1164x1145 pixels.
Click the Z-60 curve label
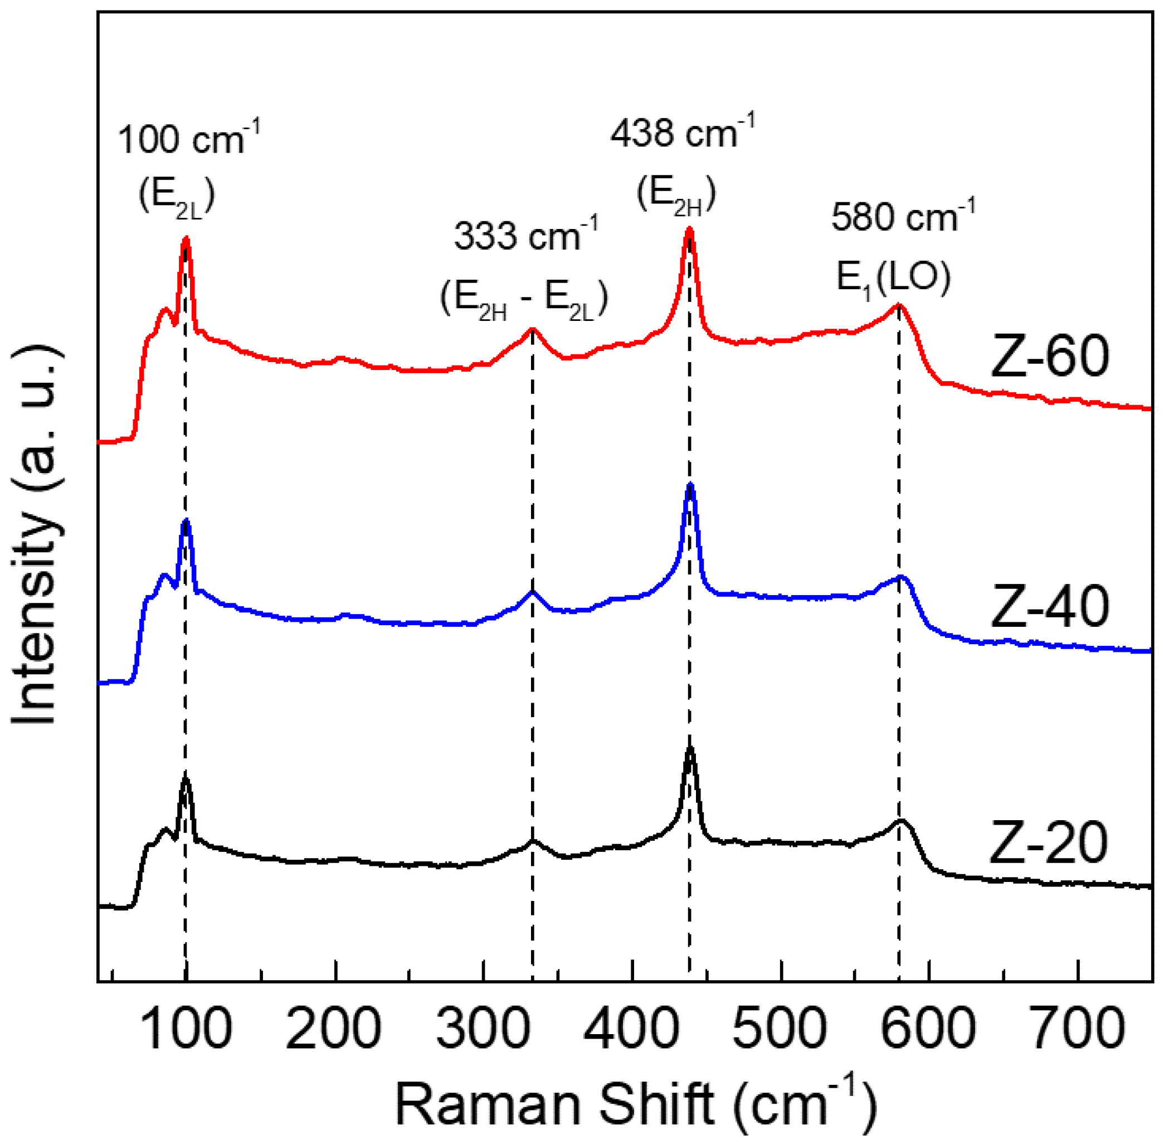[1049, 358]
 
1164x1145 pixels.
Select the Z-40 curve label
[1049, 607]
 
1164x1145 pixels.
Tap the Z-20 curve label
[1048, 843]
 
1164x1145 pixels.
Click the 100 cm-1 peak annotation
[188, 139]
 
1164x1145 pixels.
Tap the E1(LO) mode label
[893, 278]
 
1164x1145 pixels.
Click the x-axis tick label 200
[334, 1029]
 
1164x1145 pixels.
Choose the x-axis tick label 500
[781, 1029]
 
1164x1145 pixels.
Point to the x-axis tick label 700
[1079, 1029]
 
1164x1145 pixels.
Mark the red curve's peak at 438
[689, 229]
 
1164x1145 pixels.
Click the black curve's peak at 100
[185, 780]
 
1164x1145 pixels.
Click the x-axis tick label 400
[631, 1029]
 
